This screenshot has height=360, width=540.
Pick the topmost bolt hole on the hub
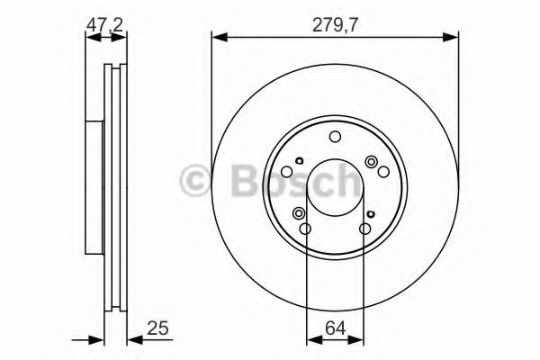point(335,137)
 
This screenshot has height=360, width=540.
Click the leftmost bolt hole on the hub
point(286,172)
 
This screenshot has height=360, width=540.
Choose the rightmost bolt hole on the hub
point(384,172)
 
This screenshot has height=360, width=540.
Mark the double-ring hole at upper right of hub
point(371,161)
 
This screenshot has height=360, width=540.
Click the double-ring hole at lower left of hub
point(299,213)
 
